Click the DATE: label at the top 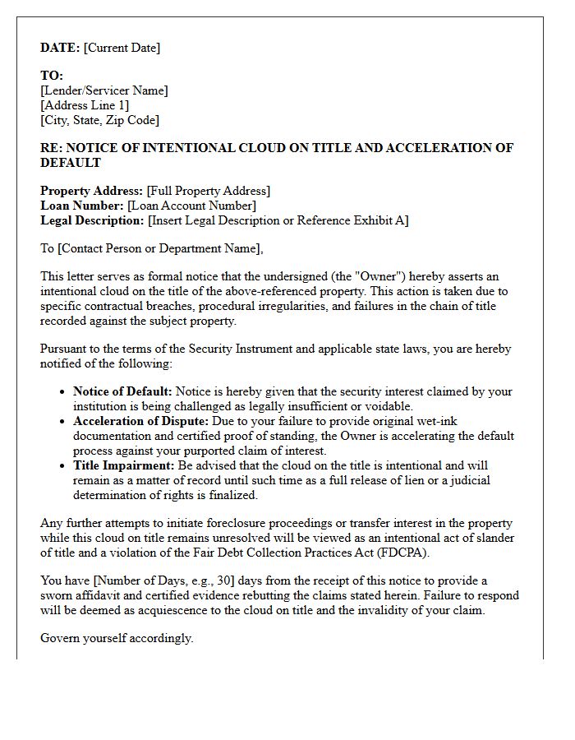coord(60,48)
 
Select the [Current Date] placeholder coord(122,48)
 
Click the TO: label coord(52,76)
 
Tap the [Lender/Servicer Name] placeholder coord(104,90)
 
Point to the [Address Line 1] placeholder coord(85,105)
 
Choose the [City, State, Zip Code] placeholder coord(99,120)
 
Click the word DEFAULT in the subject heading coord(71,163)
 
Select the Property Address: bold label coord(91,191)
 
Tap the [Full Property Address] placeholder coord(208,191)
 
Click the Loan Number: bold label coord(82,206)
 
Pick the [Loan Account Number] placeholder coord(191,206)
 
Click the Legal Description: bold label coord(92,220)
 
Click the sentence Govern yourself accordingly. coord(117,638)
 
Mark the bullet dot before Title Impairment coord(62,466)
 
